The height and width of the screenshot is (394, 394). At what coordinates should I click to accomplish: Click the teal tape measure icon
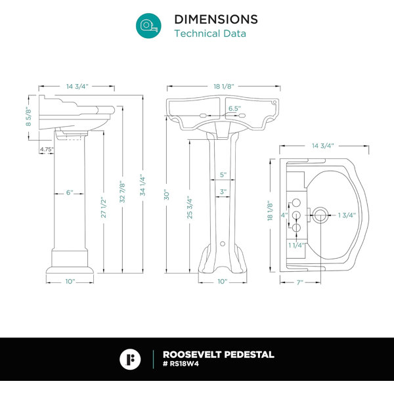pyautogui.click(x=148, y=26)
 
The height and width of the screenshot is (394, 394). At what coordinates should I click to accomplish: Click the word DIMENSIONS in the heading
pyautogui.click(x=216, y=19)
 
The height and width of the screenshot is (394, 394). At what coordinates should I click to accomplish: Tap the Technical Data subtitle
pyautogui.click(x=210, y=33)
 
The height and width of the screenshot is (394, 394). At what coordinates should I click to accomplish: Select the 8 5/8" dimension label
pyautogui.click(x=28, y=117)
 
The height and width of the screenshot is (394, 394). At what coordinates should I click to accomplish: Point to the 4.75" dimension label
pyautogui.click(x=47, y=149)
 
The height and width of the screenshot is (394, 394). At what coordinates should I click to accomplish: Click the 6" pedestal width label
pyautogui.click(x=70, y=192)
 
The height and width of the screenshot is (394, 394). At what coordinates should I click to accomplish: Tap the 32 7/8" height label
pyautogui.click(x=122, y=192)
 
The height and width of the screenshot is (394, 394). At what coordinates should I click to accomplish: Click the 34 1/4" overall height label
pyautogui.click(x=142, y=185)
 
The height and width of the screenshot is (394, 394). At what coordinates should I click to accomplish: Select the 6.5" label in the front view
pyautogui.click(x=234, y=108)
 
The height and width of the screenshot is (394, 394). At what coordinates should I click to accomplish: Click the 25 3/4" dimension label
pyautogui.click(x=190, y=208)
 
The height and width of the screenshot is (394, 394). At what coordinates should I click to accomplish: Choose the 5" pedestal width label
pyautogui.click(x=223, y=175)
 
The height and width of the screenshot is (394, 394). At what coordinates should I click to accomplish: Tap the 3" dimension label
pyautogui.click(x=223, y=192)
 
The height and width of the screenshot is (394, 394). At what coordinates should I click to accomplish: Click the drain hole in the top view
pyautogui.click(x=320, y=215)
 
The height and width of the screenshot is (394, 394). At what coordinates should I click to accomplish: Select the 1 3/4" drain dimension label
pyautogui.click(x=347, y=215)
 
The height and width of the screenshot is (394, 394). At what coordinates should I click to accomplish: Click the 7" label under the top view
pyautogui.click(x=300, y=282)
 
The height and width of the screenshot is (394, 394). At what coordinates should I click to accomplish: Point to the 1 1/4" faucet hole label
pyautogui.click(x=297, y=245)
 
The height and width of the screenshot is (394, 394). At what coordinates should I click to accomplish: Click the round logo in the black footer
pyautogui.click(x=130, y=359)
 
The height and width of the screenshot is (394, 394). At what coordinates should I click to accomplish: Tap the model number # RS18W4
pyautogui.click(x=181, y=364)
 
